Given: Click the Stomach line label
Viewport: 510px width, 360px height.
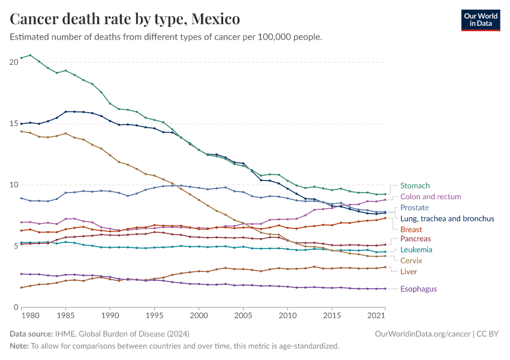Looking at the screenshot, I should tap(415, 186).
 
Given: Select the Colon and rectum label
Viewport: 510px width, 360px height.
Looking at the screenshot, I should tap(430, 197).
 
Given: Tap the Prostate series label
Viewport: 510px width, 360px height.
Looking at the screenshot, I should tap(415, 208).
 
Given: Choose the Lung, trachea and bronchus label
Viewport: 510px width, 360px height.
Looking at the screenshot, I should tap(447, 218).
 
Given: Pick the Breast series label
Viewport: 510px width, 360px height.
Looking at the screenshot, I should tap(411, 229).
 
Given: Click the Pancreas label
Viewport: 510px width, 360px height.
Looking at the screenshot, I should tap(415, 239).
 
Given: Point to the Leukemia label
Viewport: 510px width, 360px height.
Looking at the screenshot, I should tap(416, 250).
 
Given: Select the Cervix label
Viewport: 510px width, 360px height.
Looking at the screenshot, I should tap(411, 260).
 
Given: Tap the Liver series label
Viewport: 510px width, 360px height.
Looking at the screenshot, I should tap(409, 271).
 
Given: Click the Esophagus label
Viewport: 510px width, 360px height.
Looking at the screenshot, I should tap(419, 289).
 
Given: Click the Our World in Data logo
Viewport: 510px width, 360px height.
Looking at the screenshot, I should tap(480, 19).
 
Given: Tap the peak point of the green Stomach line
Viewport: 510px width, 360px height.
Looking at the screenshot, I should tap(30, 55).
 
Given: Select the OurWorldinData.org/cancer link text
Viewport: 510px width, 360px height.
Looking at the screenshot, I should tap(418, 333).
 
